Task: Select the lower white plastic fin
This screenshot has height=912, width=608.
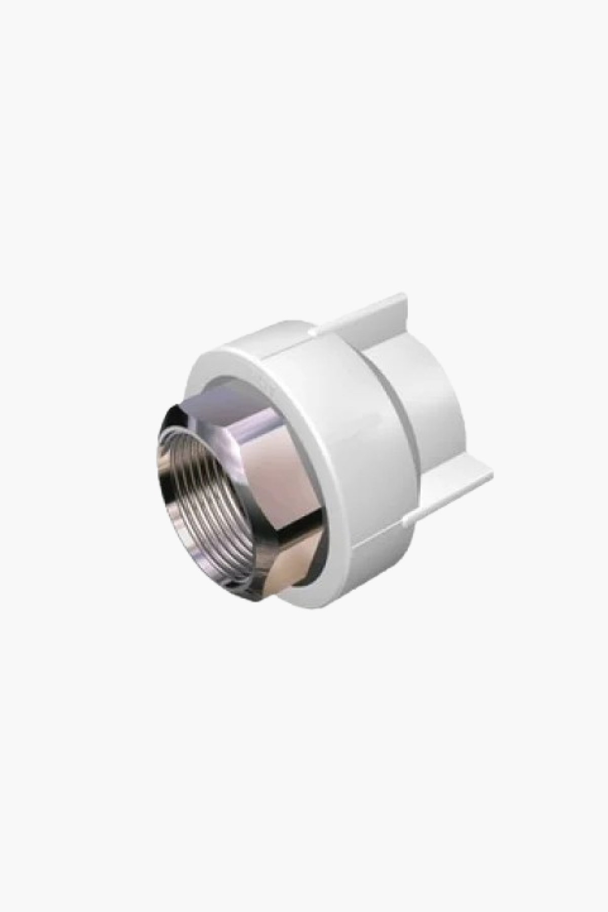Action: tap(456, 481)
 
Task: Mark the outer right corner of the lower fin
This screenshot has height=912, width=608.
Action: tap(492, 476)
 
